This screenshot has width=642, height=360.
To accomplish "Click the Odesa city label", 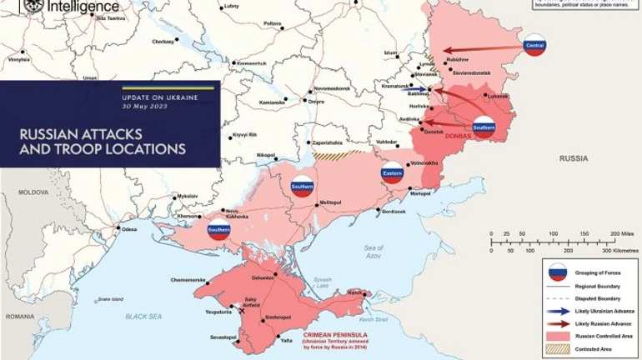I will pos(129,229).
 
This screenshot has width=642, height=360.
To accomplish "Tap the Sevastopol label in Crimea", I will pos(224,337).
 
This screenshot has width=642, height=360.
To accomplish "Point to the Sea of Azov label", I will pos(374,251).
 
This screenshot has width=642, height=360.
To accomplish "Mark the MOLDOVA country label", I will pos(34,192).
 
